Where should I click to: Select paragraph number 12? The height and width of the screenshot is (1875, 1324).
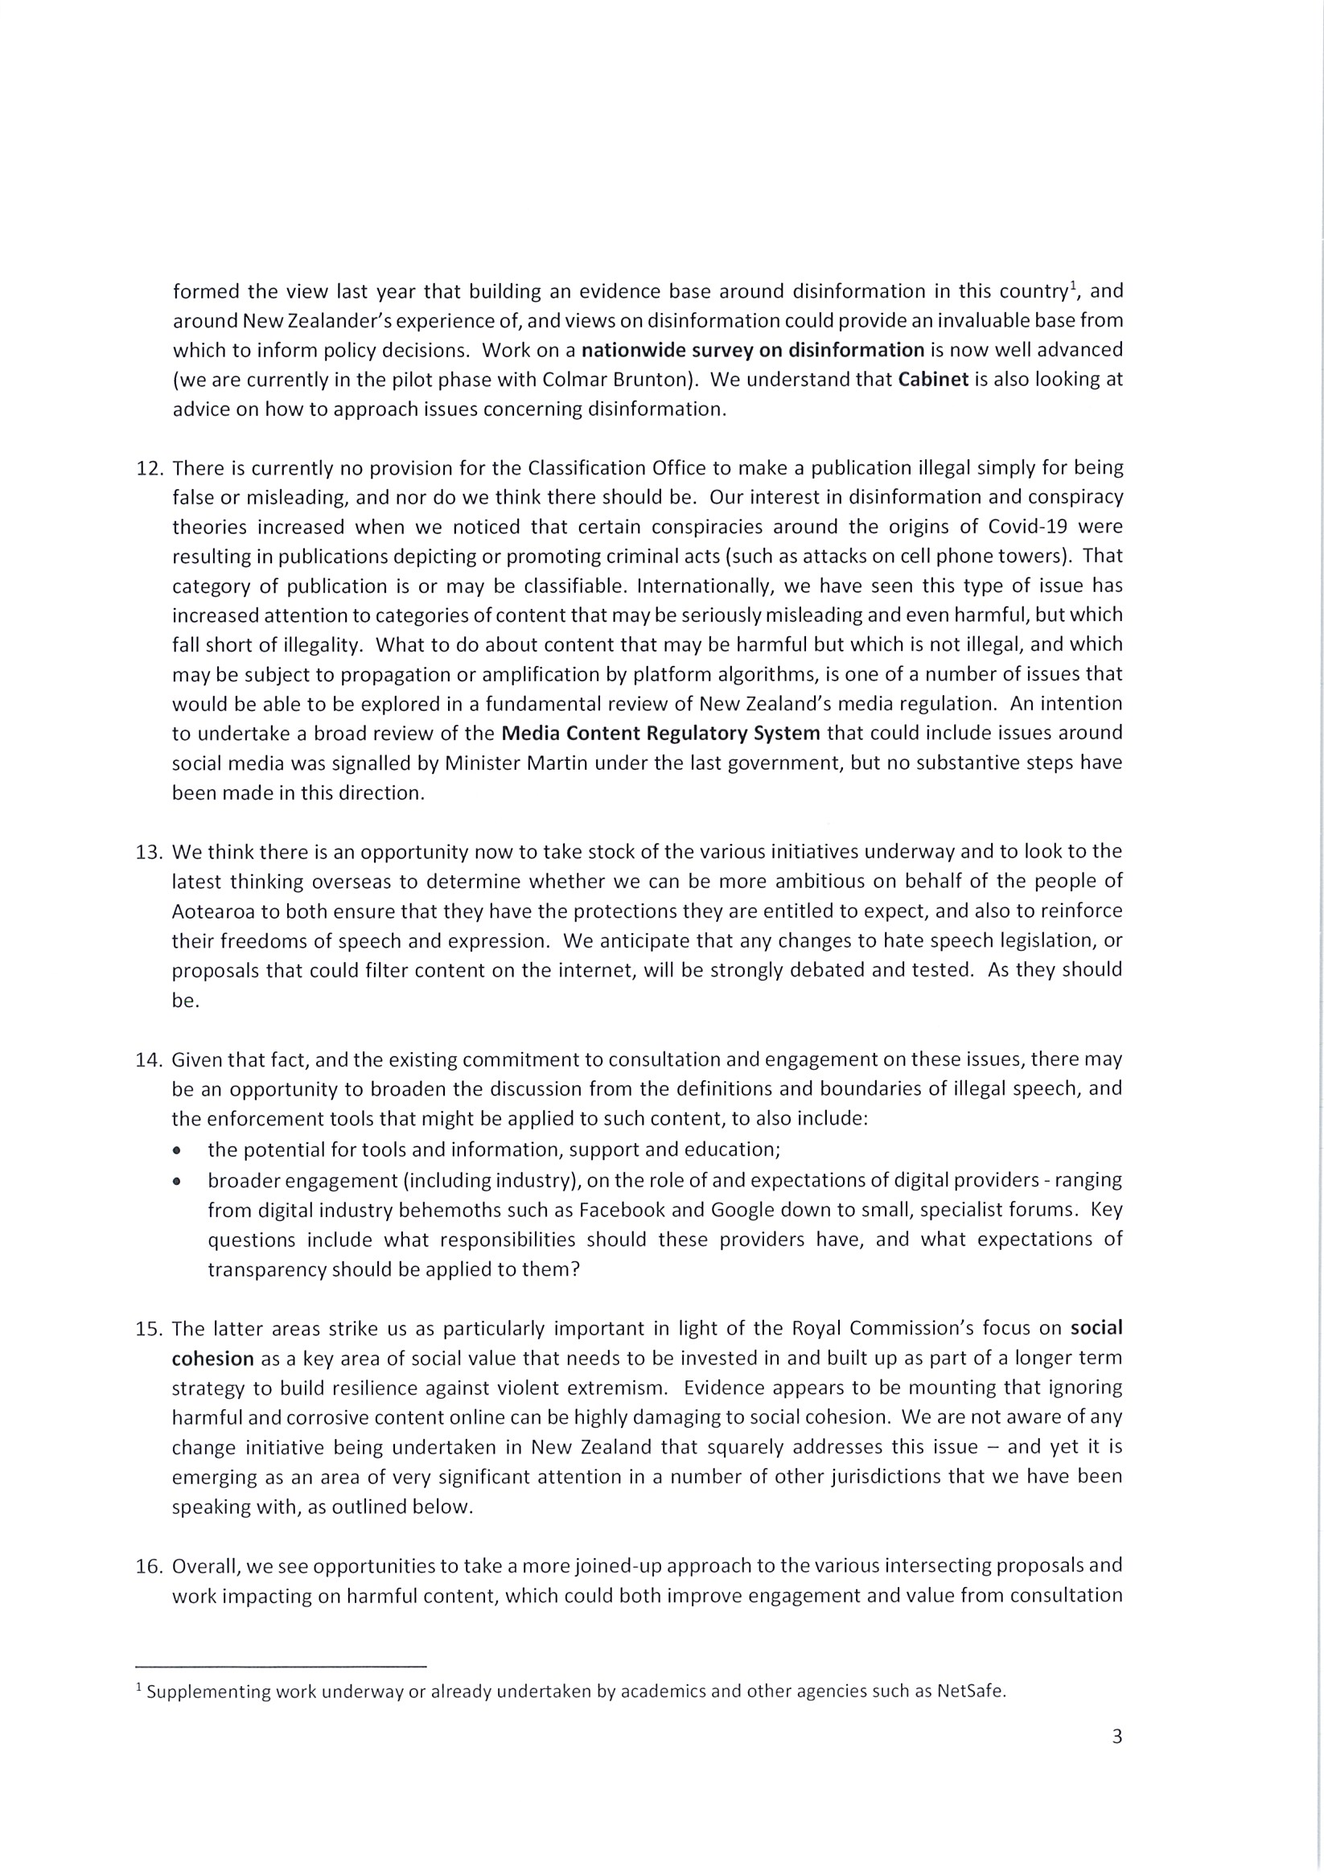pos(150,469)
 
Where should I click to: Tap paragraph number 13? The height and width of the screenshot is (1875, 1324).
pos(150,852)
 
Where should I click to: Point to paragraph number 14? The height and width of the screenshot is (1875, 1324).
pos(150,1060)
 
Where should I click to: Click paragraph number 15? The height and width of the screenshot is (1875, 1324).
pos(150,1329)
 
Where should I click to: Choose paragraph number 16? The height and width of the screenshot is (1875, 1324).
pos(150,1566)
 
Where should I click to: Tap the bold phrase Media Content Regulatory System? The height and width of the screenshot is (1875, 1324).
pos(660,733)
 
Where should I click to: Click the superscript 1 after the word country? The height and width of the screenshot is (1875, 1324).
pos(1074,285)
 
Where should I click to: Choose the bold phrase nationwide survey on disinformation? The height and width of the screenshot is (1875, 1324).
pos(752,351)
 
